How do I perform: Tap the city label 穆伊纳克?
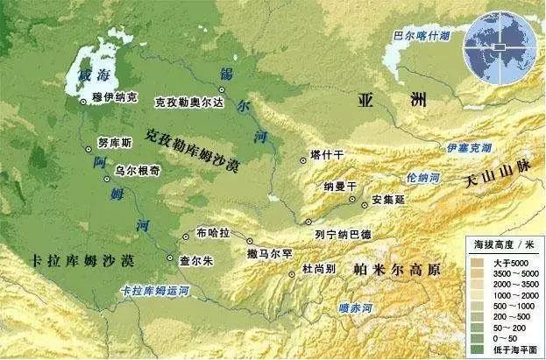pyautogui.click(x=115, y=102)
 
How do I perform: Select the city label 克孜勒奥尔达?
pyautogui.click(x=189, y=102)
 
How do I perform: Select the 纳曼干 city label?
pyautogui.click(x=340, y=187)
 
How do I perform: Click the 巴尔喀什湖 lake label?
pyautogui.click(x=423, y=37)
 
